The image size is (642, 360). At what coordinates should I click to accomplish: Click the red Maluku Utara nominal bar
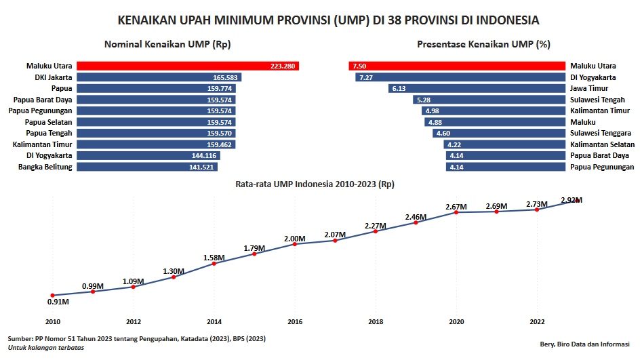[x=188, y=66]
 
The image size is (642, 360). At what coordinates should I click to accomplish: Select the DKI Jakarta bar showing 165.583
[x=159, y=77]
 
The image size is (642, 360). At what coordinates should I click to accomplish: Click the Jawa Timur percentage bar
[x=477, y=88]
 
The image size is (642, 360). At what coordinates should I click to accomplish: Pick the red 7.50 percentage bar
[x=457, y=66]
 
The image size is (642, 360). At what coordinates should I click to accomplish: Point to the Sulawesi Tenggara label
[x=601, y=133]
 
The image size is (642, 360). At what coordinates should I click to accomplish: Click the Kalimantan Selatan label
[x=602, y=144]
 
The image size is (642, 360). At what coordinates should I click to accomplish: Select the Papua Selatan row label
[x=48, y=122]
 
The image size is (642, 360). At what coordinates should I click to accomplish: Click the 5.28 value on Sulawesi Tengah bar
[x=424, y=100]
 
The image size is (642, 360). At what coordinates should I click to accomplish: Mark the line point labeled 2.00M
[x=295, y=244]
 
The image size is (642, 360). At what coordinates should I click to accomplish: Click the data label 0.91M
[x=58, y=302]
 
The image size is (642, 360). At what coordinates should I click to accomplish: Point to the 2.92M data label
[x=571, y=200]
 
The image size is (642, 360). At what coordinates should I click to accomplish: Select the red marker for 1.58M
[x=214, y=263]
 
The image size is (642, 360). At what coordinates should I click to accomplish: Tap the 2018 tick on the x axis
[x=376, y=321]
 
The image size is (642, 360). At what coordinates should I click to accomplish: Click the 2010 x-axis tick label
[x=53, y=321]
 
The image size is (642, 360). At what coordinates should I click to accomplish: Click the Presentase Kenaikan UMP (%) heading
[x=483, y=44]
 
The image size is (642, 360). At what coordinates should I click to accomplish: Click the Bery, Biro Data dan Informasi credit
[x=585, y=344]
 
